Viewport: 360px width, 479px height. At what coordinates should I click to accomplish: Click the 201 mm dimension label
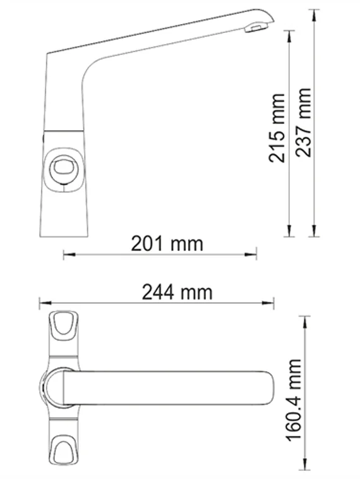coord(167,243)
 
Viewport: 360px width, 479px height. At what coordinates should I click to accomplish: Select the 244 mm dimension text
coord(177,292)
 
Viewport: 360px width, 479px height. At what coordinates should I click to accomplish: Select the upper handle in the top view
coord(63,325)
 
